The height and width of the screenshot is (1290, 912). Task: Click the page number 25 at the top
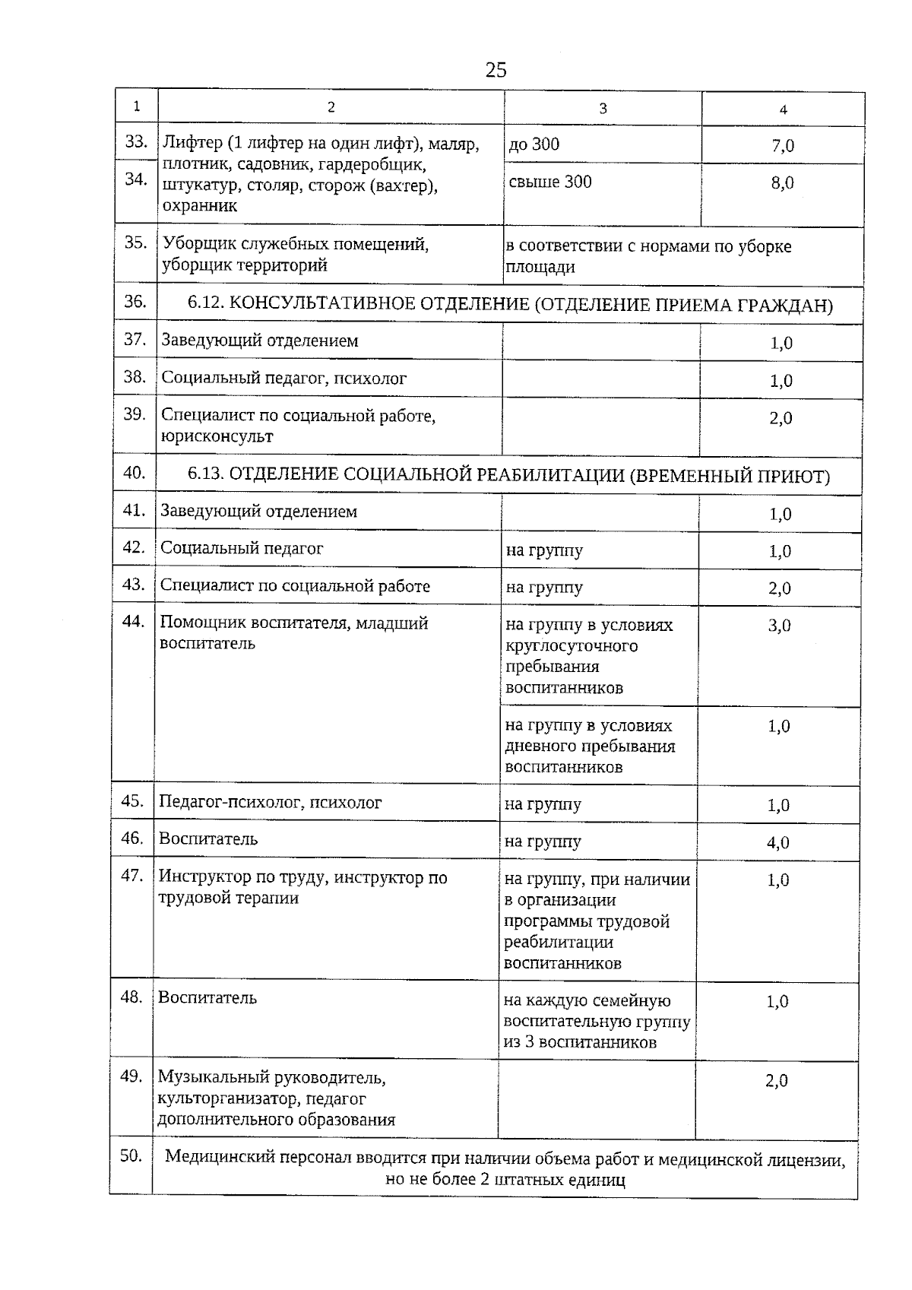point(496,70)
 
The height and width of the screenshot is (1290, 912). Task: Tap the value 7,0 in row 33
point(783,145)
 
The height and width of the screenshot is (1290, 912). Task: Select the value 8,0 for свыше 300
point(783,182)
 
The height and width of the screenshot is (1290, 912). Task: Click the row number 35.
point(136,242)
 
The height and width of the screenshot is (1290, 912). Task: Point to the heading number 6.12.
point(204,304)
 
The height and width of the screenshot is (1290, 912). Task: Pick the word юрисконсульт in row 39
point(217,436)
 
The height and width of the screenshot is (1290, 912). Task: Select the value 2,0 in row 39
point(781,418)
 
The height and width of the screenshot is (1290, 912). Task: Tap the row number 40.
point(135,473)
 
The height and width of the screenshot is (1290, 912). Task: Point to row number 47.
point(132,875)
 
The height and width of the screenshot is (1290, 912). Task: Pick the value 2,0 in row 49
point(777,1080)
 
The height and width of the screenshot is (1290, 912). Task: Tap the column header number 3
point(603,108)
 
